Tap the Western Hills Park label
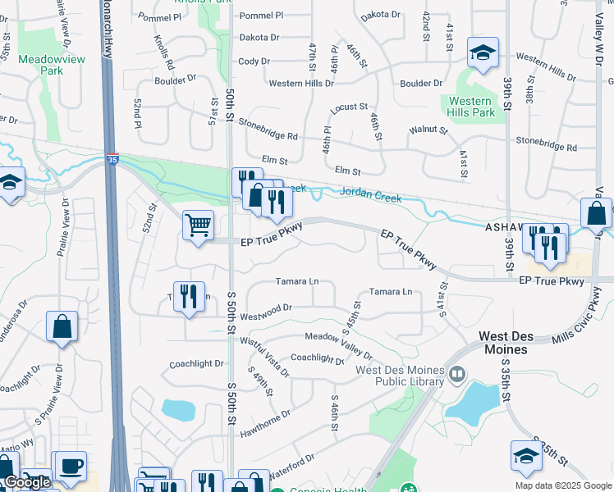(471, 107)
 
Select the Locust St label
(348, 107)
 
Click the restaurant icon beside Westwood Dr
(190, 296)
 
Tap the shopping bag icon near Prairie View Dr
(62, 326)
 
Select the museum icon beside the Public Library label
(457, 376)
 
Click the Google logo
(27, 483)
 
